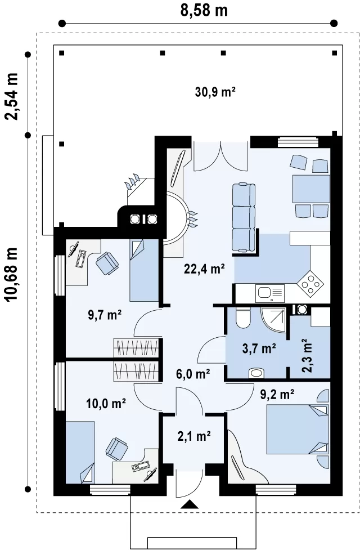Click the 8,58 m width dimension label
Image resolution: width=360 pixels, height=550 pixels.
tap(204, 11)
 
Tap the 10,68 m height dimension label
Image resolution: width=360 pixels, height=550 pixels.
tap(12, 274)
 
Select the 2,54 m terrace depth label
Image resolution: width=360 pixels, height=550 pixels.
tap(12, 96)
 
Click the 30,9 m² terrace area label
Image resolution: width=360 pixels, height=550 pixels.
tap(215, 92)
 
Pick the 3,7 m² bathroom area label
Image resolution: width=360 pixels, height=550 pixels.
tap(259, 348)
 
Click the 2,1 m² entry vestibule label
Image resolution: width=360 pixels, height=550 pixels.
tap(194, 436)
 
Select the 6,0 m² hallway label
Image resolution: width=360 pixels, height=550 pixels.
tap(193, 374)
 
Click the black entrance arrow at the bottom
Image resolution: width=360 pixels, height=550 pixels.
tap(190, 504)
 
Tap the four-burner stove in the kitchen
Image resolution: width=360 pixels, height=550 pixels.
tap(310, 283)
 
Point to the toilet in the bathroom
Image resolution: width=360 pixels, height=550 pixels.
tap(243, 318)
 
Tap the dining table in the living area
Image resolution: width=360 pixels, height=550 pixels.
tap(311, 189)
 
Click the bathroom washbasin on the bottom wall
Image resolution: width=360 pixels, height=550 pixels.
tap(257, 373)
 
